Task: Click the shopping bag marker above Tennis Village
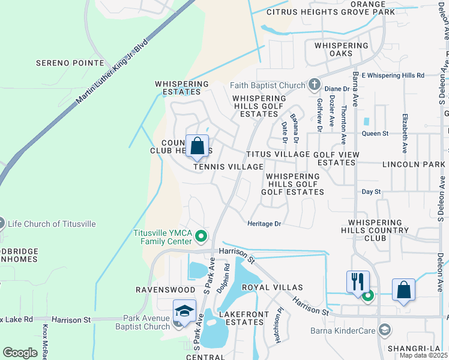[x=197, y=146]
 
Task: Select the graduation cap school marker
[x=185, y=310]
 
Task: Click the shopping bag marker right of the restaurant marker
[x=403, y=289]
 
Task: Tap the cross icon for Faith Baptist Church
[x=313, y=85]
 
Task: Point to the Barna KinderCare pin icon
[x=384, y=329]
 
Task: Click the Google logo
[x=20, y=352]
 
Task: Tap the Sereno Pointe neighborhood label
[x=70, y=62]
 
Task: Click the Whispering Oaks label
[x=337, y=49]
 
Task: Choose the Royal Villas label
[x=272, y=288]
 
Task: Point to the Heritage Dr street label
[x=264, y=223]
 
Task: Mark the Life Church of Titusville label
[x=52, y=224]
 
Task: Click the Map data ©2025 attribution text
[x=424, y=355]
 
